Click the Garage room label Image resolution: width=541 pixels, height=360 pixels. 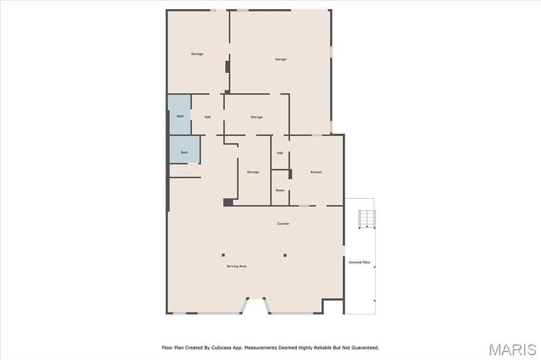click(281, 59)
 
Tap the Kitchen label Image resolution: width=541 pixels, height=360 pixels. click(316, 172)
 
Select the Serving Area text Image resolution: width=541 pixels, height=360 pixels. click(236, 266)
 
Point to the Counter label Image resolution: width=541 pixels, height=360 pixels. click(283, 223)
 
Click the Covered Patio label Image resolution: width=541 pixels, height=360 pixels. click(359, 262)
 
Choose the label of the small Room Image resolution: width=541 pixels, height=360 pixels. click(280, 191)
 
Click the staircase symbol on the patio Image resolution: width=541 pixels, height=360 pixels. click(367, 219)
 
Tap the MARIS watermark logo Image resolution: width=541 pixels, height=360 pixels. click(512, 349)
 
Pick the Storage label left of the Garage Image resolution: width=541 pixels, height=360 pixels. click(197, 54)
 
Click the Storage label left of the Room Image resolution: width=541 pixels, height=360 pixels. click(253, 172)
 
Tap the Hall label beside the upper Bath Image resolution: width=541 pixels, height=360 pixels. click(207, 117)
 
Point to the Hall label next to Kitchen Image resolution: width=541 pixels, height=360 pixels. click(280, 153)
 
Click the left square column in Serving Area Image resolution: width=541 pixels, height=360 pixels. click(223, 255)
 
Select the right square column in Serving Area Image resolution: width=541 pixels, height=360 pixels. click(285, 255)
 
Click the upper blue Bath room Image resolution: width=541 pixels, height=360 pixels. click(180, 115)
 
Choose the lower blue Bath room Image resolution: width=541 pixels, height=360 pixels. click(184, 149)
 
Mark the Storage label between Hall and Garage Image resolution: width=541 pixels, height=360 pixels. click(256, 117)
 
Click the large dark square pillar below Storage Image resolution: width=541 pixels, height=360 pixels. click(228, 202)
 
